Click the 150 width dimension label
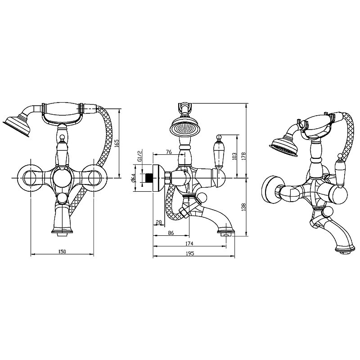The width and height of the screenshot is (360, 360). click(62, 252)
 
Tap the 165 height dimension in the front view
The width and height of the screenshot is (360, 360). click(117, 143)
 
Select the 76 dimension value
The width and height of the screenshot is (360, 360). click(169, 152)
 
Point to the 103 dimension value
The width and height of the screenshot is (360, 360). click(234, 156)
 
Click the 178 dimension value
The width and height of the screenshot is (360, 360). click(244, 156)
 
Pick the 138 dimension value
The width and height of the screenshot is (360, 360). click(244, 207)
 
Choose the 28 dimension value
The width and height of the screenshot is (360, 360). click(159, 222)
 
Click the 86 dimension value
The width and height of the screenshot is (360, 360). click(171, 233)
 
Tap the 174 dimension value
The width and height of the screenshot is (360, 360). click(189, 243)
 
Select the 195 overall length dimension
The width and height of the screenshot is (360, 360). click(190, 253)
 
